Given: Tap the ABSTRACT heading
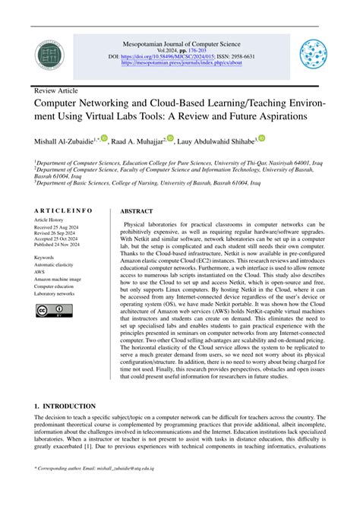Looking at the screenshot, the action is (x=137, y=211).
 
